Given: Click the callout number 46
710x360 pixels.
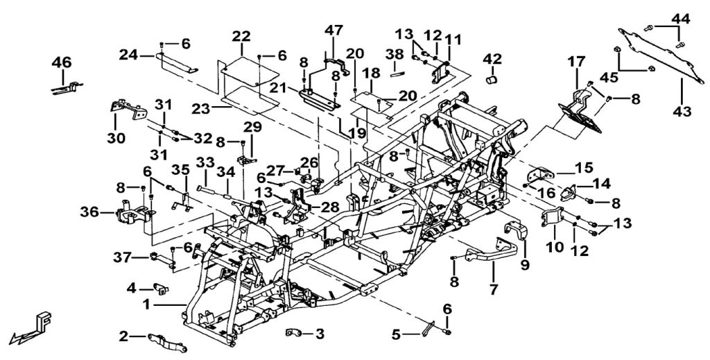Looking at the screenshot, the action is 62,62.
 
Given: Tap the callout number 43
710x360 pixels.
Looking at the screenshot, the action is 682,110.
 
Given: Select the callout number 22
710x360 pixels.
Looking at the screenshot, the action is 242,36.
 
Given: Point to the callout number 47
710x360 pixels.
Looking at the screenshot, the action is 334,31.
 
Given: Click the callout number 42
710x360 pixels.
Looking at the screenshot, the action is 492,59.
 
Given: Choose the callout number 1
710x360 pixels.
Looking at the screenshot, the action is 146,305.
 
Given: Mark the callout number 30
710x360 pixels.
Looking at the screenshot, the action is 116,138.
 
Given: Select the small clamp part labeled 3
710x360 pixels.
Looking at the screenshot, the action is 293,334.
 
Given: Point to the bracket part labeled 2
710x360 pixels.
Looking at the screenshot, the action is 166,342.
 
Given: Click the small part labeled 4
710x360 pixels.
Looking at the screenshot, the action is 161,288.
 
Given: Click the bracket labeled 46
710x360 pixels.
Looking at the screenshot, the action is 67,87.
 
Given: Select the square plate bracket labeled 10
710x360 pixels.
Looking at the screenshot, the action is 553,217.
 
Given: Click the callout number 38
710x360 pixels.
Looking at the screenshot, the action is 395,54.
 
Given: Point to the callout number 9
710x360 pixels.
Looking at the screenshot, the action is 524,264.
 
